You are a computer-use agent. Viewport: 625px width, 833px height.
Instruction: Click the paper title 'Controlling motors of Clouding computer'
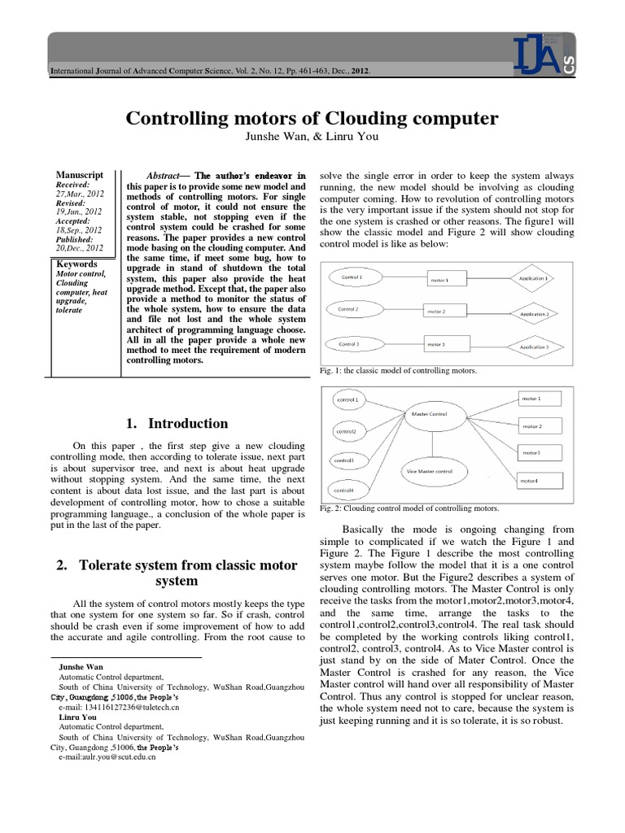point(312,119)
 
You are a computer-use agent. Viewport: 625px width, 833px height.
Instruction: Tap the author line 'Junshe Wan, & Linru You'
point(312,136)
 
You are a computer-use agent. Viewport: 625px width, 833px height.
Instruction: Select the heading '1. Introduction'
point(178,423)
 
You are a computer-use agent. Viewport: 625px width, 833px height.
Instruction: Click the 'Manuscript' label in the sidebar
point(79,175)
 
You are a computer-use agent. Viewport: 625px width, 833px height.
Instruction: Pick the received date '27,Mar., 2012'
point(79,194)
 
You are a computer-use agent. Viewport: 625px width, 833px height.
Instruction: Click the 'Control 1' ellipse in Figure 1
point(352,278)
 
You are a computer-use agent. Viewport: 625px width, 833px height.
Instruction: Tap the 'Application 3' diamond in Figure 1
point(530,347)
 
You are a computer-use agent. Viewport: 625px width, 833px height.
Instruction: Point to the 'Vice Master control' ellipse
point(428,470)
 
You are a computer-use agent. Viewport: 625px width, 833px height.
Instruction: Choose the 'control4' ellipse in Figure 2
point(345,491)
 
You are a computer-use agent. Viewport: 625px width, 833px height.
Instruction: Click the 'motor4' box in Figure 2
point(540,482)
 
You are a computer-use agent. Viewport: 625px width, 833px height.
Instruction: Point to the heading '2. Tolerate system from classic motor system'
point(177,574)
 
